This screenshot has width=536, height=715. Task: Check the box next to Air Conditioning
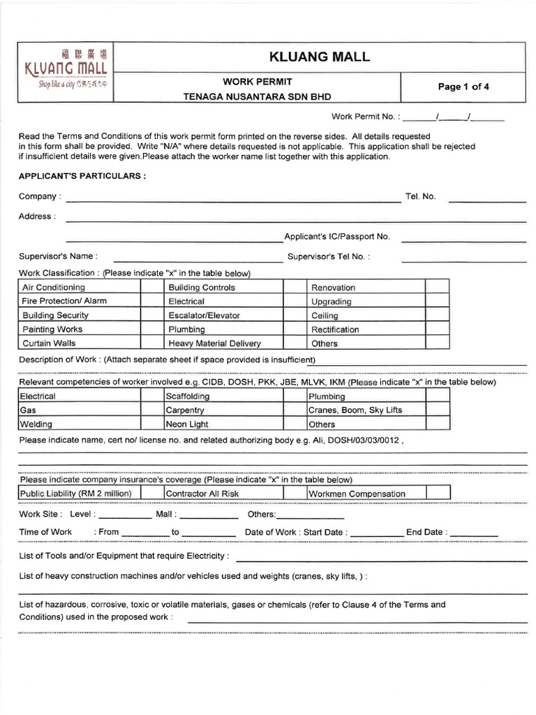[x=151, y=287]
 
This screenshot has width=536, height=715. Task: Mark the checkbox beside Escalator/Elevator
[x=293, y=315]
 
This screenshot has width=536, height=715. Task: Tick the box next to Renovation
[x=437, y=287]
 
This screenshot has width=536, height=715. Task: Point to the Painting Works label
[x=52, y=329]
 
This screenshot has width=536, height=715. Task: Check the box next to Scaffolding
[x=293, y=396]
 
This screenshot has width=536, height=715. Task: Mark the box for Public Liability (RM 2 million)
[x=151, y=494]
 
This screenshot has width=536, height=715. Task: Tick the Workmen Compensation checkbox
[x=437, y=494]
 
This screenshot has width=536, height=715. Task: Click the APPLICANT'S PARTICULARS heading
[x=82, y=176]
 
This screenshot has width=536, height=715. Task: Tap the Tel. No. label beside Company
[x=420, y=197]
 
